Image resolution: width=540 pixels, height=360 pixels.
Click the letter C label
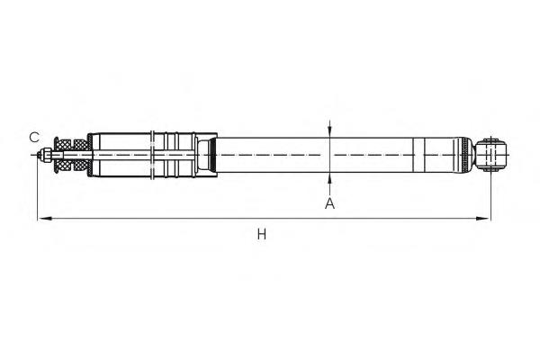34,137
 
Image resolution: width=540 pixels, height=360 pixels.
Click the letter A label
329,203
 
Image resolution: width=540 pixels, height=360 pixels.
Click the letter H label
262,235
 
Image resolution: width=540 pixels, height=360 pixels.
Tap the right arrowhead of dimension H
482,219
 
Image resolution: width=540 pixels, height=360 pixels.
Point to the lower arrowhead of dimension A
329,178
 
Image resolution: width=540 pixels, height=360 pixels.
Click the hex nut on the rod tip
46,155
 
